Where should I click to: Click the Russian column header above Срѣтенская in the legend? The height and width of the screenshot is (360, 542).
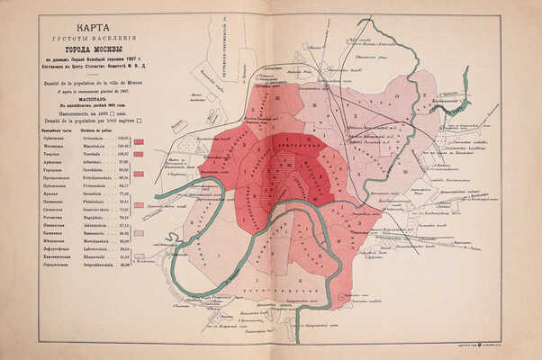53,130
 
